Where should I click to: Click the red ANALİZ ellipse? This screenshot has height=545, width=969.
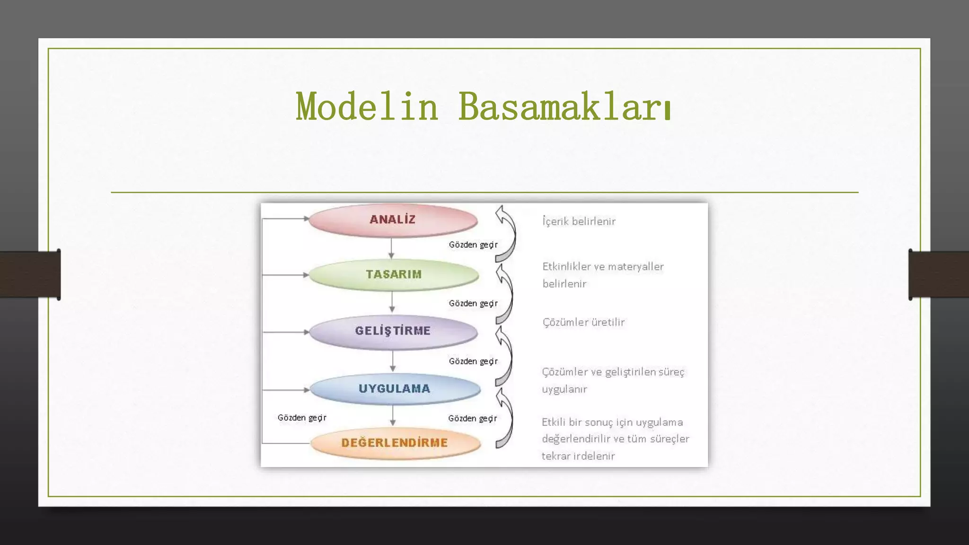point(393,220)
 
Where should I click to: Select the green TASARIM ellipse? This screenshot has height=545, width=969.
point(394,274)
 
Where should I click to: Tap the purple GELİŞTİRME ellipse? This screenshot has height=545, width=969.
point(393,331)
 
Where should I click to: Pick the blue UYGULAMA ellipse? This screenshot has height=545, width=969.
point(394,389)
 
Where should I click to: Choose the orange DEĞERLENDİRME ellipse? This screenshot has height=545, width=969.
point(395,443)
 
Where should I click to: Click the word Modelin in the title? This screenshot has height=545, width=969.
point(367,107)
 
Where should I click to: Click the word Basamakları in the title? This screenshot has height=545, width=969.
point(564,107)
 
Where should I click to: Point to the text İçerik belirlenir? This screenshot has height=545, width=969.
point(579,221)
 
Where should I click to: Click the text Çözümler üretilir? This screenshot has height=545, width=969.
point(583,322)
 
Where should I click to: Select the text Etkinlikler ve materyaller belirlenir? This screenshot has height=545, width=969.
point(603,275)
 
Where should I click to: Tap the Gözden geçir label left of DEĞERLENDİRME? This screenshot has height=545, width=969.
point(302,418)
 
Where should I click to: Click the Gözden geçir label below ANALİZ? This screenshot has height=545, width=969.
point(473,245)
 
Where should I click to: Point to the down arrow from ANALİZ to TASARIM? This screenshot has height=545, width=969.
point(391,248)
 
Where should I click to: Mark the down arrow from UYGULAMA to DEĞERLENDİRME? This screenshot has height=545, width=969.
point(393,415)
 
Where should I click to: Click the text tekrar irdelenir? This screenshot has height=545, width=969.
point(578,456)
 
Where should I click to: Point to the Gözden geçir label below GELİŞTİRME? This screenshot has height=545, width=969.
point(473,361)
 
